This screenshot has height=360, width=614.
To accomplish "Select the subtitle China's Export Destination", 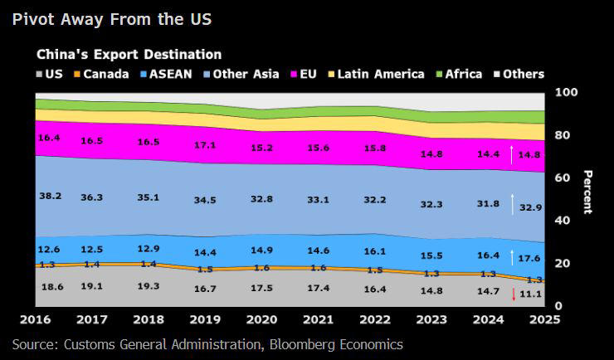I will point(129,54).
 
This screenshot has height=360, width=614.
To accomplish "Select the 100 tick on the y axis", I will point(564,92).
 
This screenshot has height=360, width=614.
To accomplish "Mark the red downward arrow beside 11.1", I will point(514,294).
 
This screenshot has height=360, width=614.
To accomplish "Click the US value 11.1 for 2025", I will point(530,294).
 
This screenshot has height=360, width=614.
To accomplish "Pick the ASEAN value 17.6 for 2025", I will point(530,258).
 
